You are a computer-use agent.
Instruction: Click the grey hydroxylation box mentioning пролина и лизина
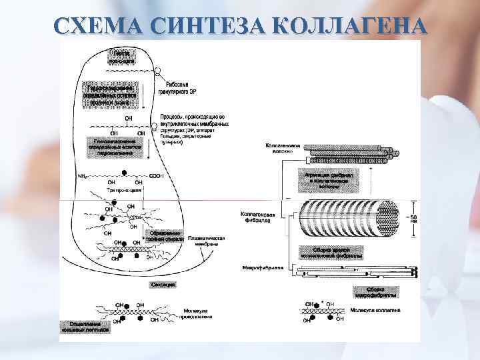[111, 94]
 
